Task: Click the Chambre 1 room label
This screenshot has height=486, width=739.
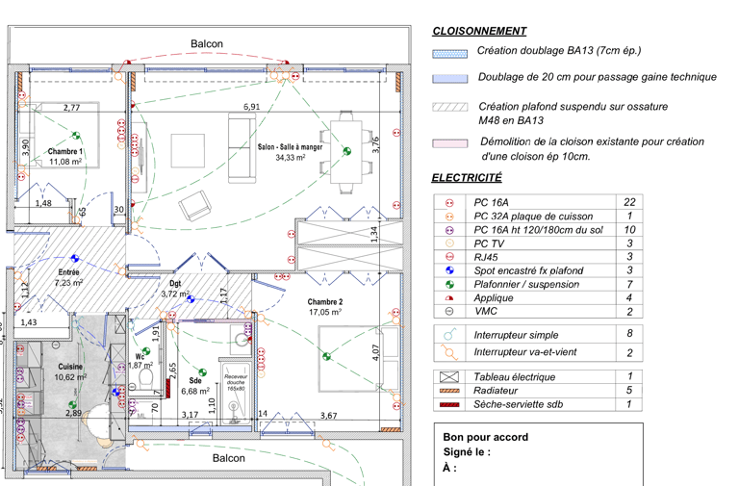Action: pyautogui.click(x=65, y=152)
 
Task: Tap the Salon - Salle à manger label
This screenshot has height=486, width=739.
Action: pyautogui.click(x=291, y=146)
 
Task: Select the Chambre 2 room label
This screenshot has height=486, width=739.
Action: pyautogui.click(x=325, y=301)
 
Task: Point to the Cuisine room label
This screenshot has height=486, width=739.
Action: pyautogui.click(x=69, y=367)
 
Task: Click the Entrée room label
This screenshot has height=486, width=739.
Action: pyautogui.click(x=68, y=272)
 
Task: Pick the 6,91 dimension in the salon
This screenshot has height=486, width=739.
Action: pyautogui.click(x=251, y=107)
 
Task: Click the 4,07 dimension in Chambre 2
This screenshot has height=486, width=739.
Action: pyautogui.click(x=376, y=350)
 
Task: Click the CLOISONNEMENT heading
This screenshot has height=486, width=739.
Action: pyautogui.click(x=479, y=31)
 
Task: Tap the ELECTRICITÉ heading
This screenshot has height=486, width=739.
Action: pyautogui.click(x=467, y=178)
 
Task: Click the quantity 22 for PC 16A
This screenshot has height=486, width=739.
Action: pyautogui.click(x=629, y=203)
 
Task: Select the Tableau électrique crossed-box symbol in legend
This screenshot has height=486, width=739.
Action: pyautogui.click(x=449, y=377)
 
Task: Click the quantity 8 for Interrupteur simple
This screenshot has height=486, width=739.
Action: pyautogui.click(x=629, y=333)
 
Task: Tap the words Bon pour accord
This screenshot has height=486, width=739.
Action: pyautogui.click(x=485, y=436)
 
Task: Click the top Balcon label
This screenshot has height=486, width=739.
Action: pyautogui.click(x=206, y=44)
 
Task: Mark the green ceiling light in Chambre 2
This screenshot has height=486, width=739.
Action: pyautogui.click(x=327, y=357)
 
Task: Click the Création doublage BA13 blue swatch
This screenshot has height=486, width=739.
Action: pyautogui.click(x=449, y=52)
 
